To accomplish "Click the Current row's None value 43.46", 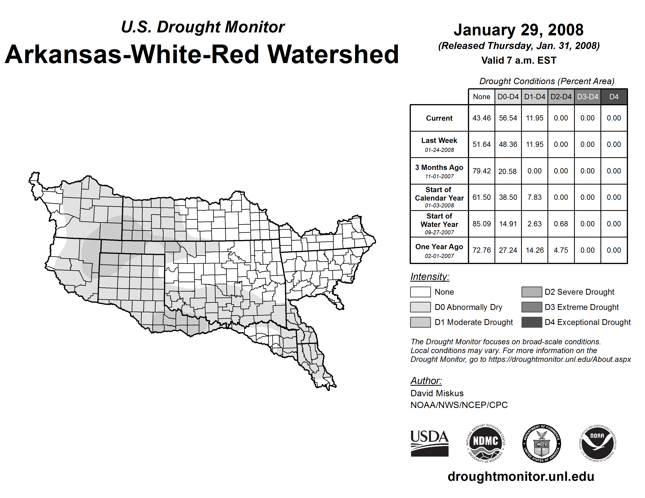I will [481, 118].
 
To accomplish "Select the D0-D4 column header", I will [508, 97].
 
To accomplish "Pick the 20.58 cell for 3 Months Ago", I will [507, 171].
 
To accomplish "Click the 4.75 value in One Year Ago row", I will [561, 250].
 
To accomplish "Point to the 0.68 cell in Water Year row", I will [561, 224].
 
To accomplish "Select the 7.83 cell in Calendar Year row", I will [535, 197].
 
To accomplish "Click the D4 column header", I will [614, 97].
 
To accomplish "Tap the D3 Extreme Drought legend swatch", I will [532, 307].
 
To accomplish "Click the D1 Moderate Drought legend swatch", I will [420, 322].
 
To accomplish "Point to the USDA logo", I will [429, 444].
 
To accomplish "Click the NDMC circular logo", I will [486, 444].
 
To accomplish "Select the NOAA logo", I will [598, 444].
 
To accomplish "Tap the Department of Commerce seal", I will [542, 444].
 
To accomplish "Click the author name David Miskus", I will [437, 393].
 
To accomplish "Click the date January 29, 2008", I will [519, 30].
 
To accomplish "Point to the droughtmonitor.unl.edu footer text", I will [521, 477].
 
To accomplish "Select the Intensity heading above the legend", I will [430, 277].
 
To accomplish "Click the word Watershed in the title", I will [333, 54].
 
